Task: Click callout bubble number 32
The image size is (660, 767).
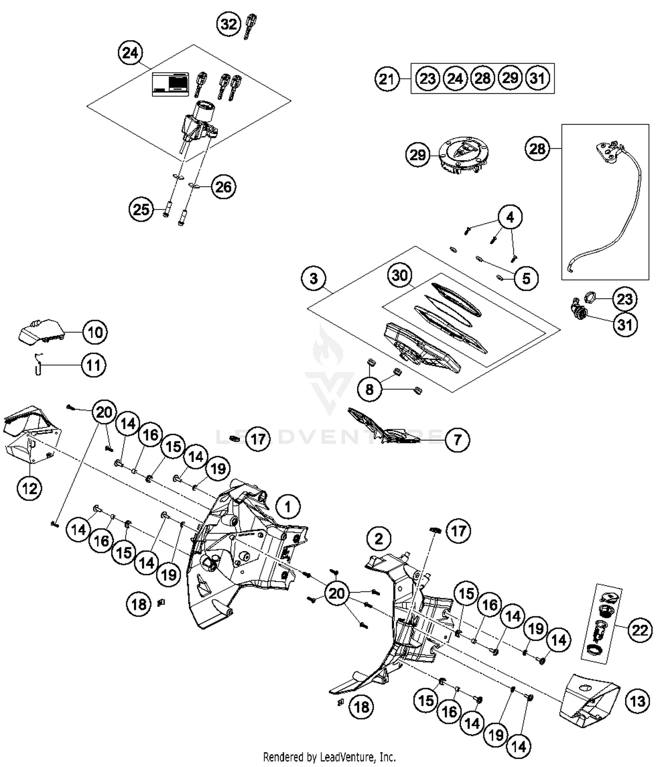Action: click(228, 24)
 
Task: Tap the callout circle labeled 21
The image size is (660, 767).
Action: click(387, 79)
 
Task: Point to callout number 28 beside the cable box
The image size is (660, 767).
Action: click(537, 149)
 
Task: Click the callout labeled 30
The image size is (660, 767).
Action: click(400, 276)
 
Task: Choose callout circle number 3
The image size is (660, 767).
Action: click(313, 278)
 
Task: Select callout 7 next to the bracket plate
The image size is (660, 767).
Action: click(457, 439)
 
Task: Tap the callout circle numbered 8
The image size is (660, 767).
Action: click(369, 389)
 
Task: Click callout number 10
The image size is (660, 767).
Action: click(95, 332)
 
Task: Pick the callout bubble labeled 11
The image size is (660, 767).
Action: click(93, 365)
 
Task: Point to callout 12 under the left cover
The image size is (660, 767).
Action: click(29, 488)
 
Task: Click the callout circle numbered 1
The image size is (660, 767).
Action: click(288, 507)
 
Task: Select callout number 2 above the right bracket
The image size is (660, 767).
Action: click(379, 538)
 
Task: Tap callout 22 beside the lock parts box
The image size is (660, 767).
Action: click(639, 631)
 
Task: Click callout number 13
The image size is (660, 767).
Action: click(638, 701)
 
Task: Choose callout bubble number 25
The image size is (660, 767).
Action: click(141, 210)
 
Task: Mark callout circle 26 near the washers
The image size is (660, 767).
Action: click(223, 187)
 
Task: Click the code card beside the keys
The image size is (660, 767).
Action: click(170, 84)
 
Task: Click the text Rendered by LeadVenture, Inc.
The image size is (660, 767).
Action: click(329, 757)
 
